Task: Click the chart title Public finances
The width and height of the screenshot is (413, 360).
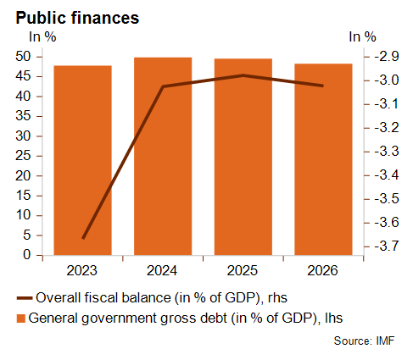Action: [77, 18]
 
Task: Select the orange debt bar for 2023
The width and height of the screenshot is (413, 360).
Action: [82, 160]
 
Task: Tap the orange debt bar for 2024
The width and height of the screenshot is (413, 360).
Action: [163, 157]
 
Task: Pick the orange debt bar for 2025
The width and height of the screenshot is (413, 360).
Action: [243, 157]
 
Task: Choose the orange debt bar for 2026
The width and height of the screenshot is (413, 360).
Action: [323, 159]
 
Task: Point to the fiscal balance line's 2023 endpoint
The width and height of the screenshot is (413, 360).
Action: [83, 238]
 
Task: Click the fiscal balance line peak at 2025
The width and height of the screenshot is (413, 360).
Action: [243, 75]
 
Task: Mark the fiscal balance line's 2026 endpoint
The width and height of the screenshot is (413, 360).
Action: [323, 86]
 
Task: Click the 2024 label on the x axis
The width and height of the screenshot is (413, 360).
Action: [162, 270]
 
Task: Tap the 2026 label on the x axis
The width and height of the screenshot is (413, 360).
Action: [322, 270]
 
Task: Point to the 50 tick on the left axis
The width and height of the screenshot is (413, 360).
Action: [23, 57]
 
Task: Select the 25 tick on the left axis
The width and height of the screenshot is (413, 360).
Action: [23, 156]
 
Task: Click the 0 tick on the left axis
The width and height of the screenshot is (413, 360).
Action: [27, 255]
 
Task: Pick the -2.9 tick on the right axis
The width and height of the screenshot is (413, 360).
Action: [387, 57]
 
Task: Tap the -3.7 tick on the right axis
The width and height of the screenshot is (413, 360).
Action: [387, 246]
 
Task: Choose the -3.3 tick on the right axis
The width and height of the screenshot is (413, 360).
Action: [387, 152]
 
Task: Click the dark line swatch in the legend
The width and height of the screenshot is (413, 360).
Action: [25, 298]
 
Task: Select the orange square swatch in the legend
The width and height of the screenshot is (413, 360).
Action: [21, 318]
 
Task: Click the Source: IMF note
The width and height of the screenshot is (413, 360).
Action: [364, 341]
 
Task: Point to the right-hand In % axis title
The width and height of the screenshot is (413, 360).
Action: [362, 36]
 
